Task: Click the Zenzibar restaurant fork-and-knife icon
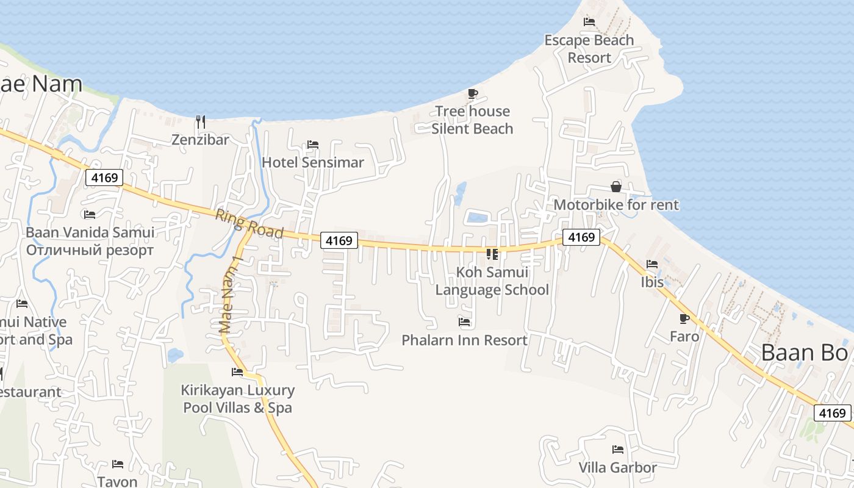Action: point(200,122)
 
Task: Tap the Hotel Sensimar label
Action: point(312,162)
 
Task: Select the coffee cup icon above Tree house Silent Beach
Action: point(472,93)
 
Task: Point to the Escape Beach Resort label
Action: point(589,49)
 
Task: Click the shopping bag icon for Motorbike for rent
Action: point(615,187)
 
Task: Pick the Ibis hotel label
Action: point(652,282)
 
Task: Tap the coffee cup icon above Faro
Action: point(684,318)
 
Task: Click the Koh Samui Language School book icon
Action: point(492,254)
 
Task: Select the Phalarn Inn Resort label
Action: point(464,340)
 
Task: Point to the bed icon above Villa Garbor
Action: point(618,450)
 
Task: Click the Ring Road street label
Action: point(249,224)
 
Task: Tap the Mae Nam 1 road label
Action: point(231,294)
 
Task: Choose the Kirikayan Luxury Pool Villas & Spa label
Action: point(237,399)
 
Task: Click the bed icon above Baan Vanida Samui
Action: point(90,214)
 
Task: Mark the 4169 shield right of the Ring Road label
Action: point(339,240)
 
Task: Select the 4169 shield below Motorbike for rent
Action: point(581,237)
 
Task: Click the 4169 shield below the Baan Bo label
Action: point(833,413)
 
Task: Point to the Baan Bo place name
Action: point(805,353)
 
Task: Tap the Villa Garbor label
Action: point(617,468)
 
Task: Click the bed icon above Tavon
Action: point(118,464)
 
